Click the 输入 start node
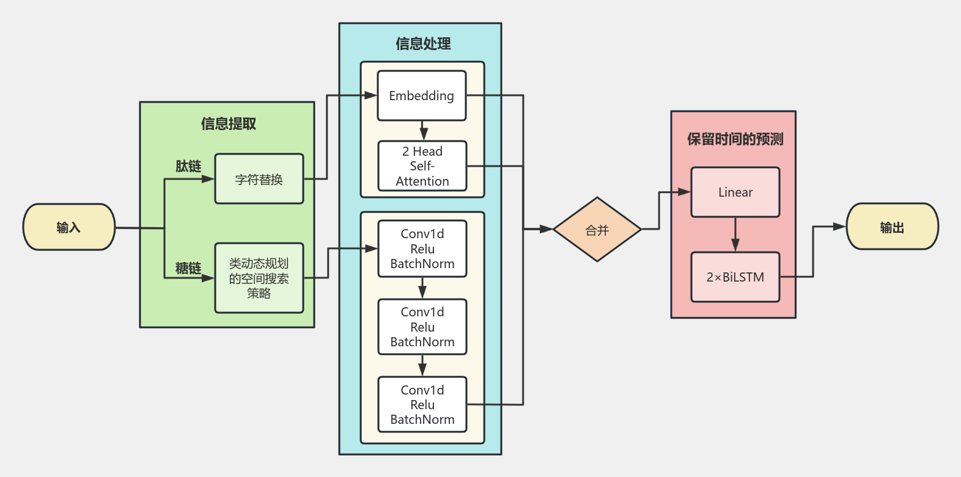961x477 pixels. pos(69,227)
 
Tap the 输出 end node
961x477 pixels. pos(892,227)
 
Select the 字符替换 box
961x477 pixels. pos(259,179)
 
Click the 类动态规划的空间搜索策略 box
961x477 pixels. pos(259,278)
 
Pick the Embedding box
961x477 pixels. pos(422,96)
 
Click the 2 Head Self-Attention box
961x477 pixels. pos(422,166)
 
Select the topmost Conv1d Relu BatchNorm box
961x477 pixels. pos(422,249)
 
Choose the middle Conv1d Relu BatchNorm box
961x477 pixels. pos(422,327)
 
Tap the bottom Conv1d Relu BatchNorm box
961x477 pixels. pos(422,404)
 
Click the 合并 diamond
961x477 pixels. pos(597,230)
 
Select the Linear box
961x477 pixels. pos(735,192)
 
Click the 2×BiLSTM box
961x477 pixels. pos(735,277)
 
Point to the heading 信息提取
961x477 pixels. pos(228,123)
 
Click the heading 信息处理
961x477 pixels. pos(423,43)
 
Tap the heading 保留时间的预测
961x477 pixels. pos(735,139)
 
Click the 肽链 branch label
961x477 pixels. pos(188,166)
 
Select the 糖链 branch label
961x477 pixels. pos(188,268)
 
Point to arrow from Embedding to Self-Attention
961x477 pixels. pos(423,131)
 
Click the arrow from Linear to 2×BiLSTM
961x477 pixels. pos(735,235)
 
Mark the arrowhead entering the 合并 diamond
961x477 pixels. pos(547,230)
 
